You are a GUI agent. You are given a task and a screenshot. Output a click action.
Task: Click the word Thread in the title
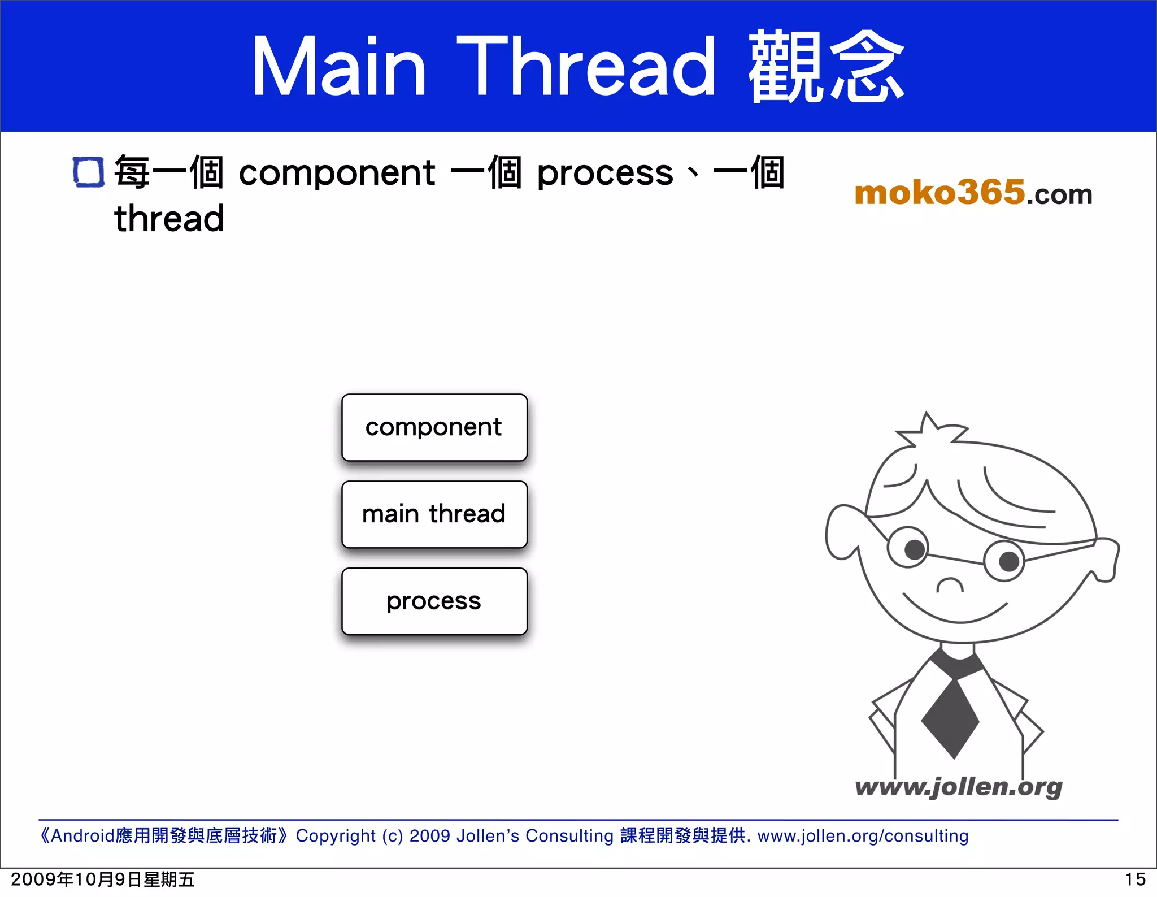tap(586, 67)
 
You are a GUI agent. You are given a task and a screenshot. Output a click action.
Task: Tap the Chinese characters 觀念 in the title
tap(826, 67)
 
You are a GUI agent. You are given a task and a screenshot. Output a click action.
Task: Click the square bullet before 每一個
tap(89, 172)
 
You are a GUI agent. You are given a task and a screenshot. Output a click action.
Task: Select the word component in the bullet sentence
tap(337, 172)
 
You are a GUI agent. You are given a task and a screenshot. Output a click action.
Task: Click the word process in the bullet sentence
tap(604, 174)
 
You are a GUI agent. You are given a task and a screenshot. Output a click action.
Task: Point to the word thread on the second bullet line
tap(169, 219)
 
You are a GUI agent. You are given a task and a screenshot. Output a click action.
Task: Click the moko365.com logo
tap(973, 193)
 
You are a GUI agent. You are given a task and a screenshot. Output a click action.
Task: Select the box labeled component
tap(434, 427)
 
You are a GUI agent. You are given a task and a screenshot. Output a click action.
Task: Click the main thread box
tap(434, 514)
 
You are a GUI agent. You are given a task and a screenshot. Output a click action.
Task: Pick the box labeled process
tap(434, 601)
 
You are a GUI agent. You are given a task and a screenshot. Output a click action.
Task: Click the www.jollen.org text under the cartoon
tap(958, 787)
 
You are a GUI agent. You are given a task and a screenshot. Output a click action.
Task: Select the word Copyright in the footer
tap(336, 835)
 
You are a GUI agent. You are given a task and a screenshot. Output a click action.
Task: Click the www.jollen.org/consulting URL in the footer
tap(863, 835)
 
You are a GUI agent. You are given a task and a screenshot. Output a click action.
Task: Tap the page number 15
tap(1134, 879)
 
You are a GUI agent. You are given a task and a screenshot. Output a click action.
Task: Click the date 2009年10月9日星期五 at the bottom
tap(102, 879)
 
